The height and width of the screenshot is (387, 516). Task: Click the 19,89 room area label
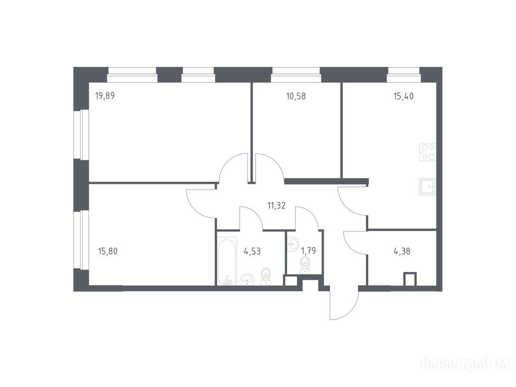pyautogui.click(x=105, y=96)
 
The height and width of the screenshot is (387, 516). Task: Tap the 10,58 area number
pyautogui.click(x=296, y=96)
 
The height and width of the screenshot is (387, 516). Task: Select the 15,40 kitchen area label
pyautogui.click(x=404, y=96)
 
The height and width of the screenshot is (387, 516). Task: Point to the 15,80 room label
pyautogui.click(x=108, y=251)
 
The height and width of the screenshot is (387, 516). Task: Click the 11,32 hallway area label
pyautogui.click(x=276, y=206)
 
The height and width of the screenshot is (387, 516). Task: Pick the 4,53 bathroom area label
pyautogui.click(x=252, y=251)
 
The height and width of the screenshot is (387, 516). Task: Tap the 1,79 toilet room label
pyautogui.click(x=308, y=251)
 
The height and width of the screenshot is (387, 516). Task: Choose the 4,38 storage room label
pyautogui.click(x=402, y=251)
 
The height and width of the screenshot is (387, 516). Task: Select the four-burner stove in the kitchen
pyautogui.click(x=427, y=152)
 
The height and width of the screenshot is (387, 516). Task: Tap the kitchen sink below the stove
pyautogui.click(x=427, y=186)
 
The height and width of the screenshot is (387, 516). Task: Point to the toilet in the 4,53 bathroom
pyautogui.click(x=266, y=277)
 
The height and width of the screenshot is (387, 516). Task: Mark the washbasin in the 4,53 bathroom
pyautogui.click(x=247, y=280)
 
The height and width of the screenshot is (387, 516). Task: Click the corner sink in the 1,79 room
pyautogui.click(x=292, y=242)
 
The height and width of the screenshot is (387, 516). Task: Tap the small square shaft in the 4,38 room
pyautogui.click(x=410, y=279)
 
